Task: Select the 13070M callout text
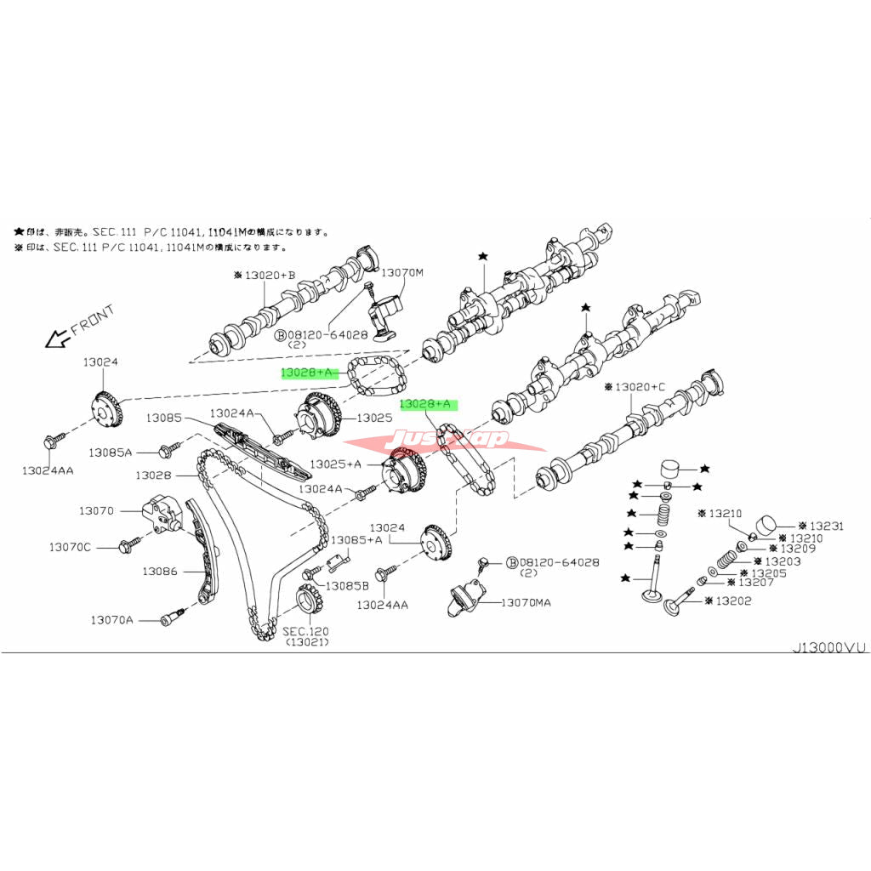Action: pyautogui.click(x=401, y=273)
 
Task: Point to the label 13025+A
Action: pyautogui.click(x=335, y=464)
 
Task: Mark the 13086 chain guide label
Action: pyautogui.click(x=160, y=572)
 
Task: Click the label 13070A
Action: pyautogui.click(x=112, y=620)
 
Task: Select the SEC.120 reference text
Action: pyautogui.click(x=305, y=631)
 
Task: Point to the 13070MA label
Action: pyautogui.click(x=526, y=602)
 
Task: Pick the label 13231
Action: pyautogui.click(x=826, y=526)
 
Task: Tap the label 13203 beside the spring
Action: pyautogui.click(x=783, y=561)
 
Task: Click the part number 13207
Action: pyautogui.click(x=755, y=584)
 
